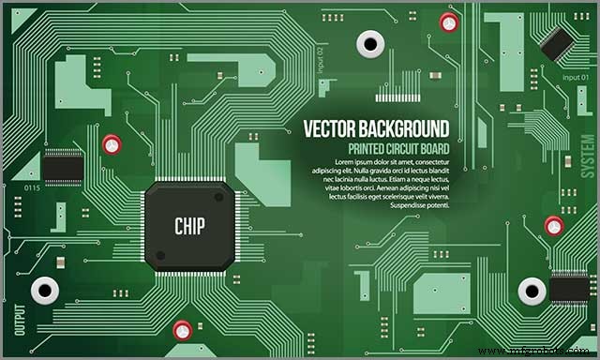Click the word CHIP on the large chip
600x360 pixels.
pos(189,226)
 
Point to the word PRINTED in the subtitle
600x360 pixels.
pos(369,149)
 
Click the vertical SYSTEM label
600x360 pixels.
pos(587,154)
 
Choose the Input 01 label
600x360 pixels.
pos(576,76)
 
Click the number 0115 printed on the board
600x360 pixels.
pos(32,188)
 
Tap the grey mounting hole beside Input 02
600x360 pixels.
pos(369,42)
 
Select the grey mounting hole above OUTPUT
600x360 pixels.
pos(44,290)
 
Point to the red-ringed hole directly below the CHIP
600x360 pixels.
pos(183,329)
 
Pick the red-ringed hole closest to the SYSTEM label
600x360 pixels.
pos(553,224)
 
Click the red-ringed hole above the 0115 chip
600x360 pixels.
pos(112,144)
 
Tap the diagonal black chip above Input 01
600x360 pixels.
pos(559,39)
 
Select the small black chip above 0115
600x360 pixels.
pos(63,168)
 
